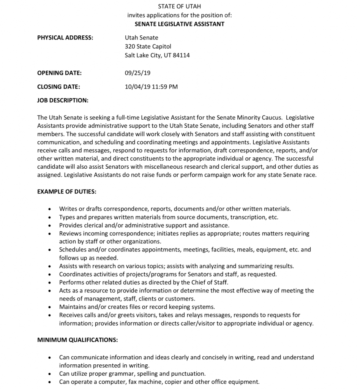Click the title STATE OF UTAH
pos(180,6)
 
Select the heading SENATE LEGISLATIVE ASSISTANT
pos(180,24)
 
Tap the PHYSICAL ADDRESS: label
pos(65,38)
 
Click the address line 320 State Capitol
pos(148,46)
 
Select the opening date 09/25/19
pos(137,73)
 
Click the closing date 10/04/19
pos(137,87)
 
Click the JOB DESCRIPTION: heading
pos(63,100)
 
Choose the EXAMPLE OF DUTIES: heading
pos(66,192)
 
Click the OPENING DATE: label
pos(59,73)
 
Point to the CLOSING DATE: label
pos(58,87)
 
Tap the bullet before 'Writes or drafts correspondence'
pos(50,209)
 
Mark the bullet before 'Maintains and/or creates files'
pos(50,307)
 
